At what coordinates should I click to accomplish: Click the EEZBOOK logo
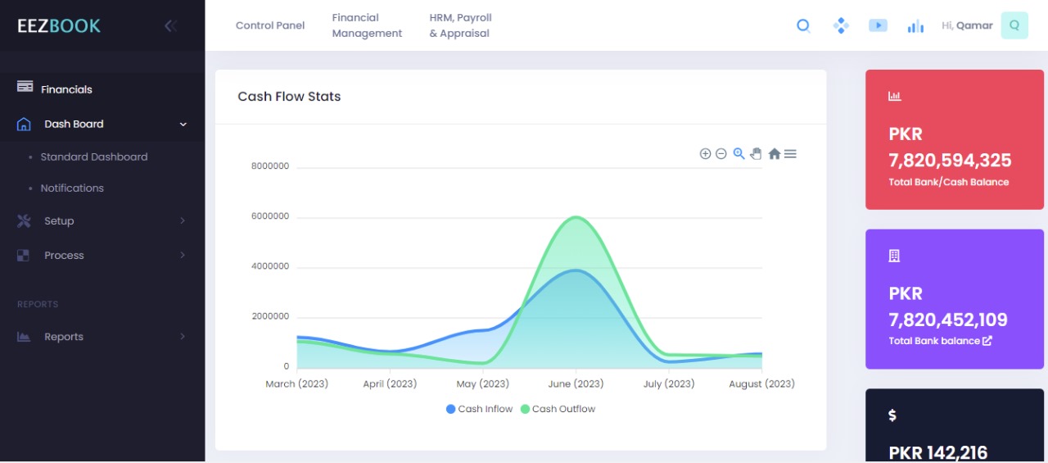(x=59, y=25)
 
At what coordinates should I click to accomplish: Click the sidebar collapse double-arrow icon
(x=170, y=25)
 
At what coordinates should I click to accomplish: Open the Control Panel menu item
(x=270, y=25)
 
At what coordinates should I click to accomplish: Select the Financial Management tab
(x=367, y=25)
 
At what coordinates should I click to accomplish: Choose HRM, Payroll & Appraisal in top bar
(x=460, y=25)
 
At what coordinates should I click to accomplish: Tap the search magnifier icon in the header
(x=803, y=25)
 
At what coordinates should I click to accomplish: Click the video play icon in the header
(x=878, y=25)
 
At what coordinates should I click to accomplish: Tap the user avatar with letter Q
(x=1014, y=25)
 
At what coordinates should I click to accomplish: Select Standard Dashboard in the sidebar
(x=94, y=157)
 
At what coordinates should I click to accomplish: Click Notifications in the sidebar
(x=72, y=188)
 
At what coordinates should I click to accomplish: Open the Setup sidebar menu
(x=59, y=221)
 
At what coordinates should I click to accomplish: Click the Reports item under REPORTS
(x=64, y=337)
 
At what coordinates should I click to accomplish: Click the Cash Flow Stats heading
(x=289, y=97)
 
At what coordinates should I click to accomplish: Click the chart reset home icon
(x=774, y=154)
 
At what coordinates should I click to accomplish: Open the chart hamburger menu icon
(x=790, y=154)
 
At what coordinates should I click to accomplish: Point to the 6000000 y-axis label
(x=269, y=216)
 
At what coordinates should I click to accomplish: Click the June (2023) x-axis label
(x=575, y=384)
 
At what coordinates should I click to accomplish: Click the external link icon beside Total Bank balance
(x=987, y=341)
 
